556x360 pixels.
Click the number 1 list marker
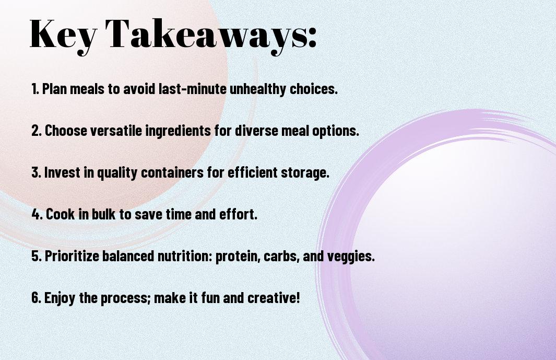click(x=35, y=89)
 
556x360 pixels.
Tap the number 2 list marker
click(x=37, y=131)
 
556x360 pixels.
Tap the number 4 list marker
click(x=37, y=214)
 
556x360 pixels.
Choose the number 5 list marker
click(x=37, y=256)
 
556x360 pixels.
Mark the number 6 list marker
click(x=37, y=297)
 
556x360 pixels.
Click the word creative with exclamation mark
click(x=274, y=297)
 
